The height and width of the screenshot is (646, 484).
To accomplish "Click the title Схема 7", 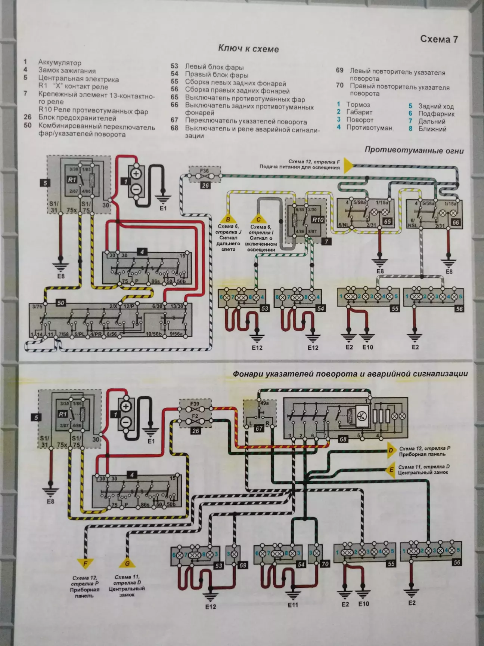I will [439, 39].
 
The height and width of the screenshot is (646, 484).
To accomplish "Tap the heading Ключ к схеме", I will [248, 49].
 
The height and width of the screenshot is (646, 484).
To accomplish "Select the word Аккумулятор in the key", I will [59, 63].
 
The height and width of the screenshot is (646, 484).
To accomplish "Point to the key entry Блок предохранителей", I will [77, 118].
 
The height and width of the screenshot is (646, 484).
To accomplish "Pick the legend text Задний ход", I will [436, 106].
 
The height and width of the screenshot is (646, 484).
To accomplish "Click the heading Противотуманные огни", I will [414, 151].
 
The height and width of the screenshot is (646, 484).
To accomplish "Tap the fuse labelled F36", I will [205, 171].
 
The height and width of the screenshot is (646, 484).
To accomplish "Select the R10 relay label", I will [318, 220].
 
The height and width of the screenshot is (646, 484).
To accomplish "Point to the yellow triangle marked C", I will [258, 219].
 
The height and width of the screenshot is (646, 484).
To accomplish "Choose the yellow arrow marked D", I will [390, 451].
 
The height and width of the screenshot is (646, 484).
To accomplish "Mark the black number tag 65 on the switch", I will [387, 222].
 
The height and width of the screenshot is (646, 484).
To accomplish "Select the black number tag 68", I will [343, 439].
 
